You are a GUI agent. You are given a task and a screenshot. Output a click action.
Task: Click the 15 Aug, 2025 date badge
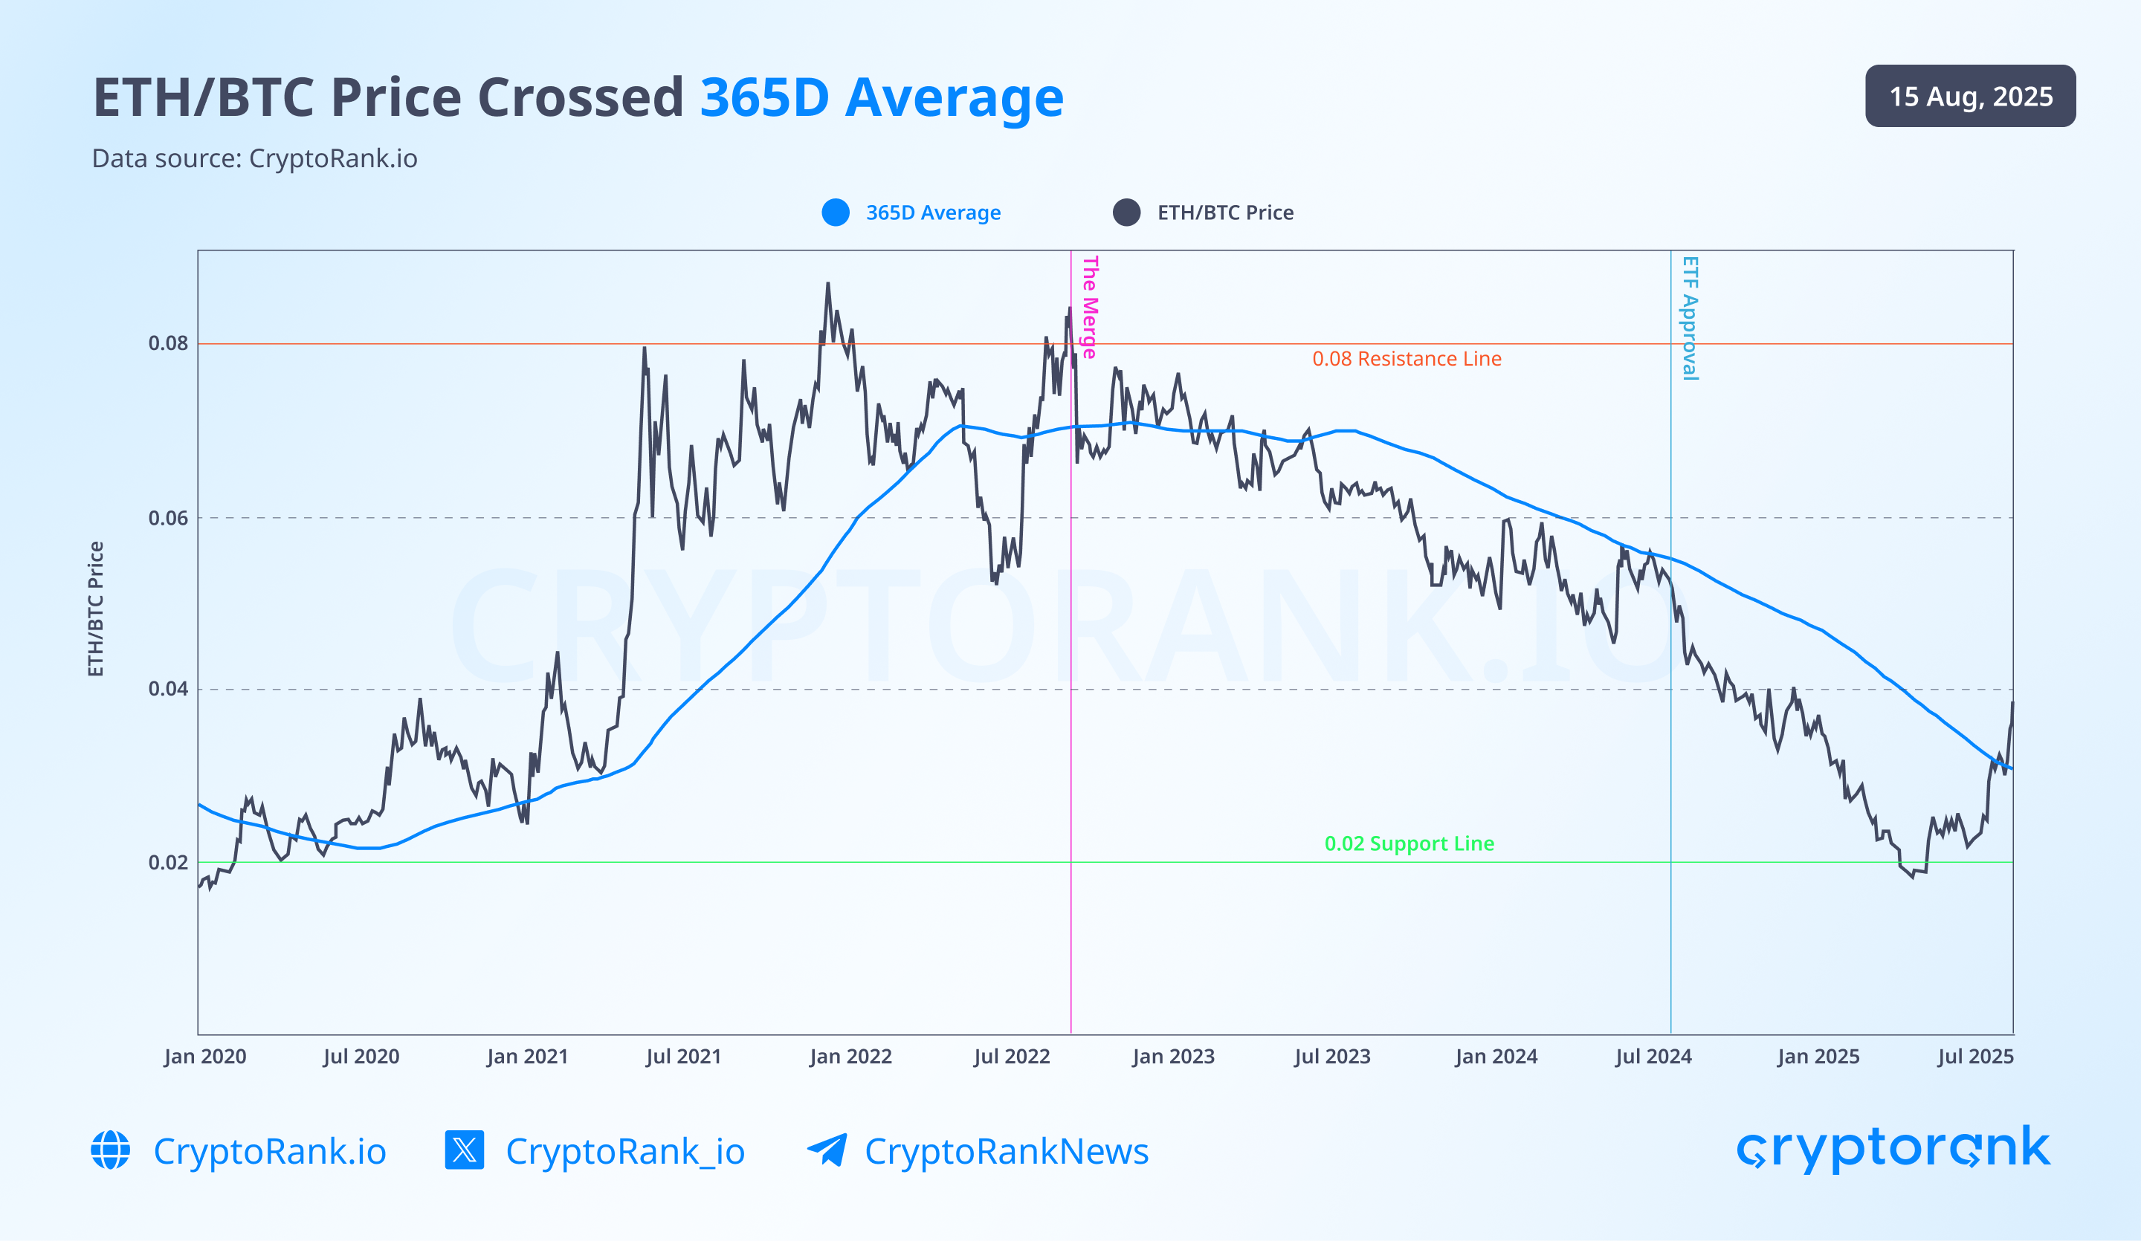[x=1969, y=96]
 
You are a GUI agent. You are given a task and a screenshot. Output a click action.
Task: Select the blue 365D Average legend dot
[x=835, y=213]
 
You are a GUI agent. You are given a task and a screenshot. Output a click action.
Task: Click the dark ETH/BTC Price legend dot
[x=1126, y=213]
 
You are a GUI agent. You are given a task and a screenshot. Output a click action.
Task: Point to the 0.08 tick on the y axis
[x=168, y=343]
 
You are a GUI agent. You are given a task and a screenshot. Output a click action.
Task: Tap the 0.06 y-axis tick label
[x=168, y=518]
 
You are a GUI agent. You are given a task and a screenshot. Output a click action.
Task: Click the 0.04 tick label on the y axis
[x=168, y=689]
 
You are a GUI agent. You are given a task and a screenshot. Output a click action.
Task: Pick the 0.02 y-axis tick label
[x=168, y=863]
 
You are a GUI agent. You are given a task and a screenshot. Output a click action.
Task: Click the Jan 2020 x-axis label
[x=204, y=1057]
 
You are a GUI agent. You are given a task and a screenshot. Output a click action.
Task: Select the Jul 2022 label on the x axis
[x=1011, y=1057]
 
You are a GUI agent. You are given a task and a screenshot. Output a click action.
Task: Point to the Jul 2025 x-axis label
[x=1974, y=1057]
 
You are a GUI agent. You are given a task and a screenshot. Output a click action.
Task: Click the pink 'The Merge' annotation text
[x=1090, y=307]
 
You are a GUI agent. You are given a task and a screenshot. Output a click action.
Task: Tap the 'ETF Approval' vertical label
[x=1690, y=318]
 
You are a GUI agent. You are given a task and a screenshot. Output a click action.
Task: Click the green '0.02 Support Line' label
[x=1409, y=843]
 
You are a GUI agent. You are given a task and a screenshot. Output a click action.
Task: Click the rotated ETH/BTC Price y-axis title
[x=96, y=609]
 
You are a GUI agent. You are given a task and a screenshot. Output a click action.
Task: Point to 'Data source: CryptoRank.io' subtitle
[x=254, y=159]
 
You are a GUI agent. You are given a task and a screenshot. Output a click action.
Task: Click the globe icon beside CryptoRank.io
[x=111, y=1150]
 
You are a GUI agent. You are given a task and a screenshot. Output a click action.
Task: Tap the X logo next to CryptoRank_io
[x=464, y=1150]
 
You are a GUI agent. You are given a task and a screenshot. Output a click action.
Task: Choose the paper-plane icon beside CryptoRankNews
[x=827, y=1150]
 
